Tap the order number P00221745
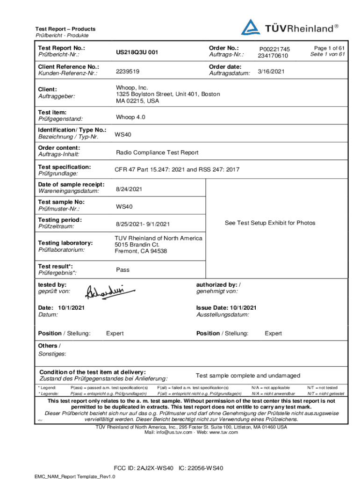click(274, 49)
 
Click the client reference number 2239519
click(128, 72)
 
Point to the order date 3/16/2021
click(271, 72)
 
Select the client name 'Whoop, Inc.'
click(132, 87)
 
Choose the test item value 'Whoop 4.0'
click(130, 117)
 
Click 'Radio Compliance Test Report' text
click(157, 152)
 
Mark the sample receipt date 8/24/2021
click(130, 189)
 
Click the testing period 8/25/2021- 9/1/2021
click(143, 224)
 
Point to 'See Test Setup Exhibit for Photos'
click(270, 223)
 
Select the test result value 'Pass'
click(122, 270)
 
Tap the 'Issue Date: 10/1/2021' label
click(226, 307)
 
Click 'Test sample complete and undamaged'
click(248, 376)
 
